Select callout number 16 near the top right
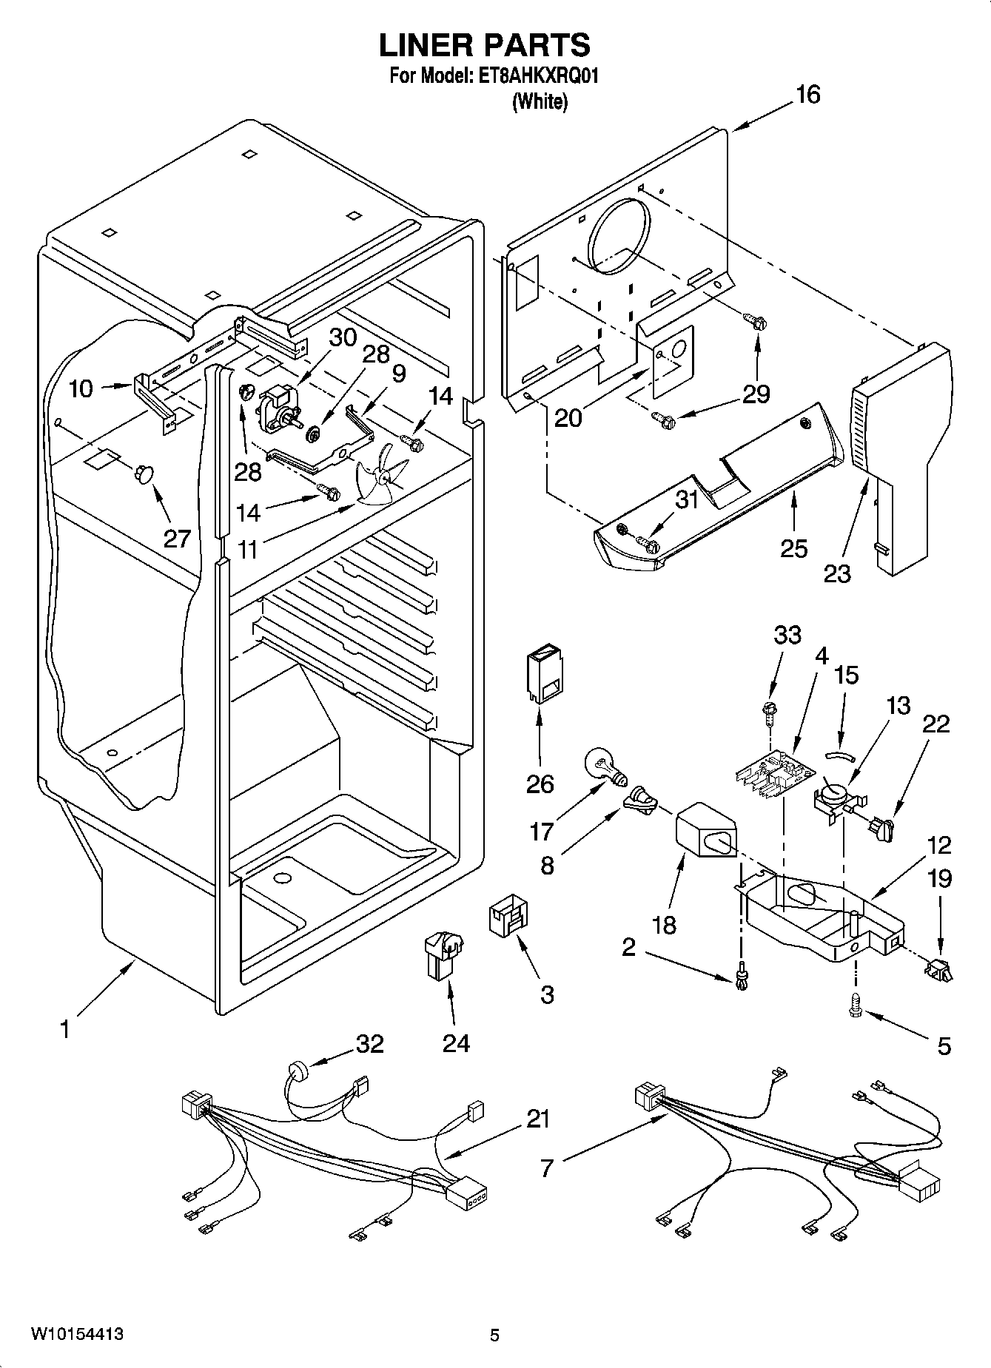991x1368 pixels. tap(807, 95)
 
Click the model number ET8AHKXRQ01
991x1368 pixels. tap(534, 76)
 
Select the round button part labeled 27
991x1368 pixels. tap(142, 474)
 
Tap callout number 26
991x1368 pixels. tap(540, 784)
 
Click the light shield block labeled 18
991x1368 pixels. tap(708, 832)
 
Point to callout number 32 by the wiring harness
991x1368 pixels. tap(370, 1044)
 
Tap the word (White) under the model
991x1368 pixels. tap(540, 102)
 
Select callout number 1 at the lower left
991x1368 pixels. tap(65, 1029)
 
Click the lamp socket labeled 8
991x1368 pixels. tap(641, 803)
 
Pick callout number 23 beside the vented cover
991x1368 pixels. tap(837, 573)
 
